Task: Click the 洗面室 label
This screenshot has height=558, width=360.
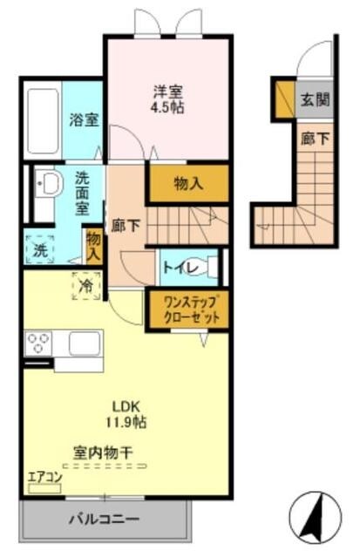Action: (x=82, y=193)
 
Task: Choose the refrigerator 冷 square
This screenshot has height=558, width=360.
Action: (x=85, y=284)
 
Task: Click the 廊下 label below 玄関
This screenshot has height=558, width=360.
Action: (x=316, y=138)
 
